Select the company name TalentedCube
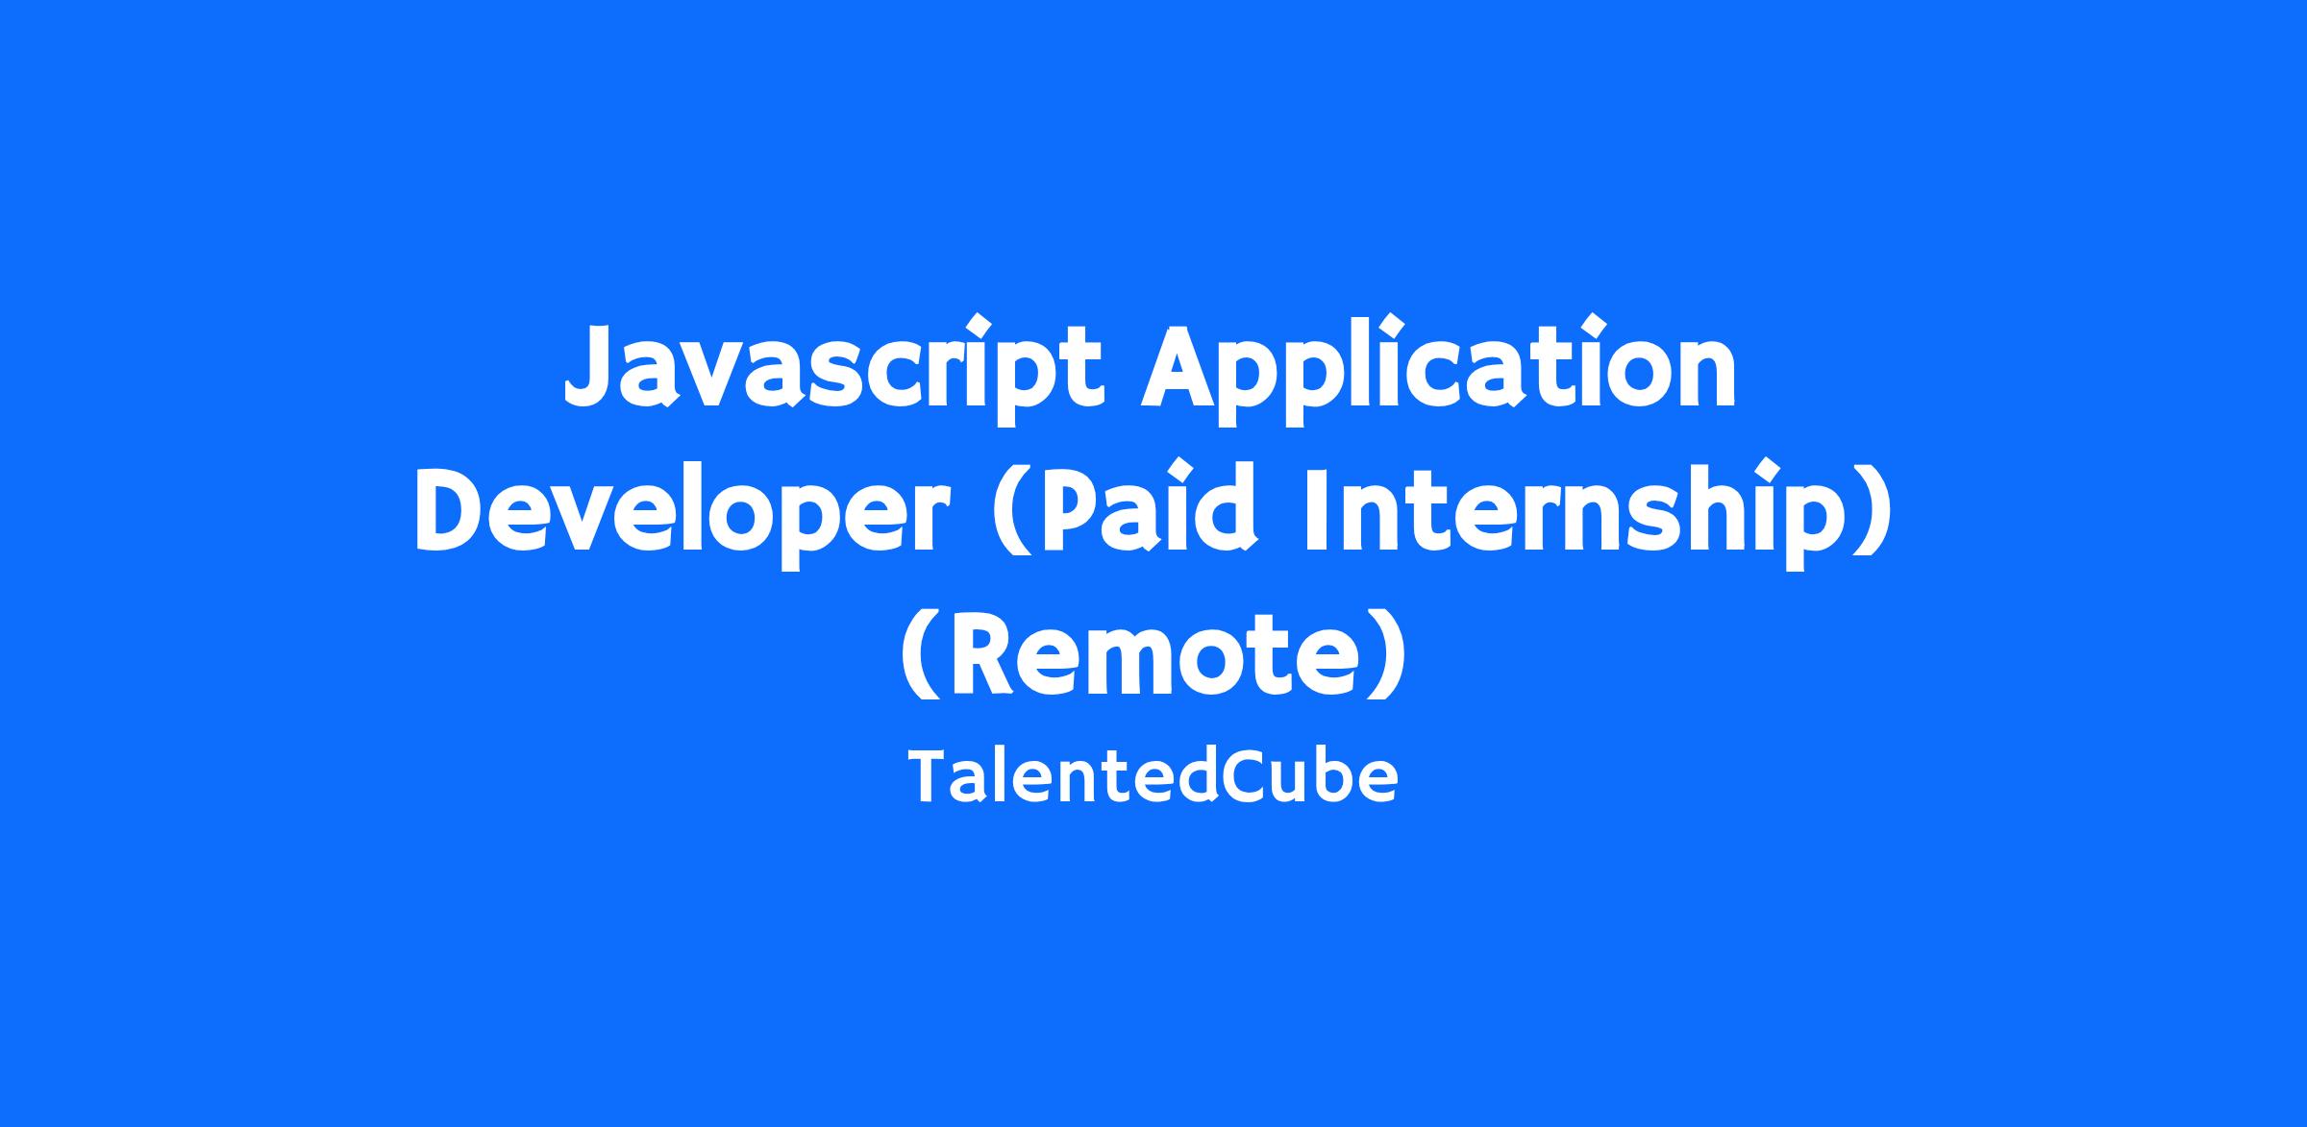[1153, 777]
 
